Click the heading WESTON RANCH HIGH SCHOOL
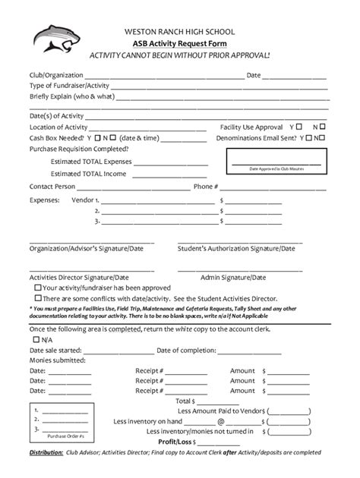pos(180,32)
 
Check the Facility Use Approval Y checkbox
pos(300,127)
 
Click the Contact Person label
pos(52,187)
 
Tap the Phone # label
pos(206,187)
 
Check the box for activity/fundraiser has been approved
pos(38,288)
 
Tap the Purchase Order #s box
pos(57,422)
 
